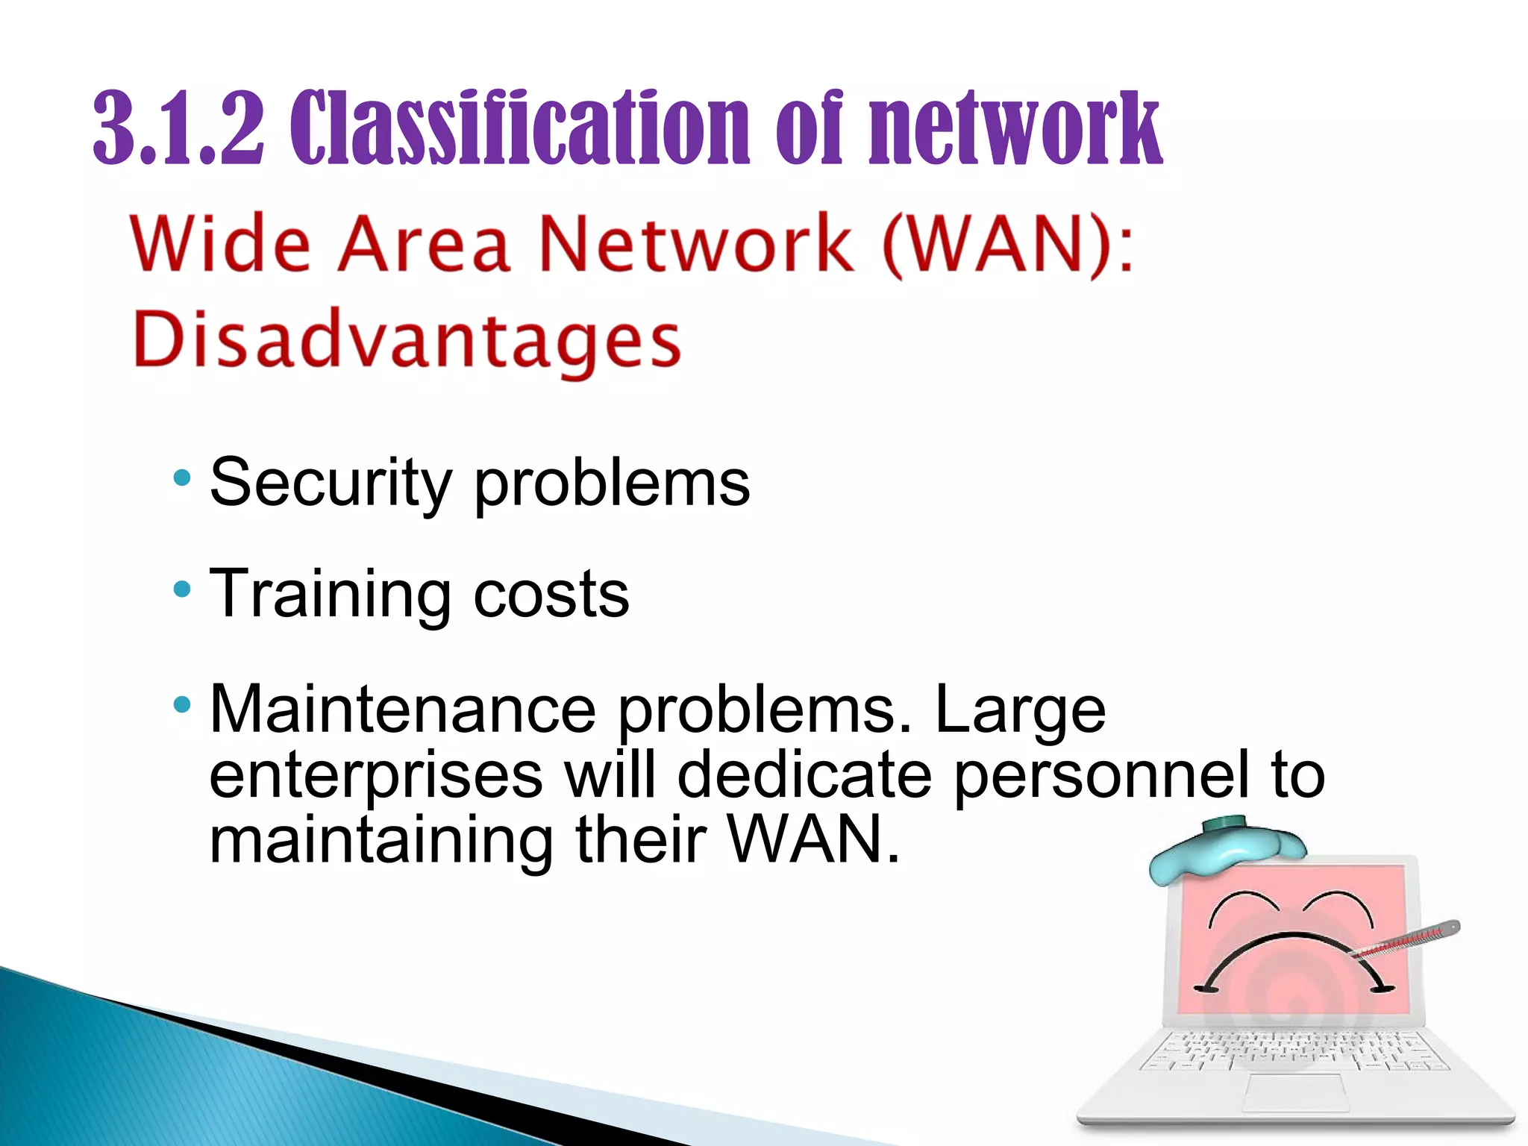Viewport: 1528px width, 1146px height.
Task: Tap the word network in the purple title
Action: tap(1015, 128)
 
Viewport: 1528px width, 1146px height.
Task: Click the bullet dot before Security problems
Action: tap(182, 477)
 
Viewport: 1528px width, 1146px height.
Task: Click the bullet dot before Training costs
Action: tap(182, 590)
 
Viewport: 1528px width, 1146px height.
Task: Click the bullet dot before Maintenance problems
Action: tap(182, 704)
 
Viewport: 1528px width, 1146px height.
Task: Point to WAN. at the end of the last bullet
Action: tap(813, 841)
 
